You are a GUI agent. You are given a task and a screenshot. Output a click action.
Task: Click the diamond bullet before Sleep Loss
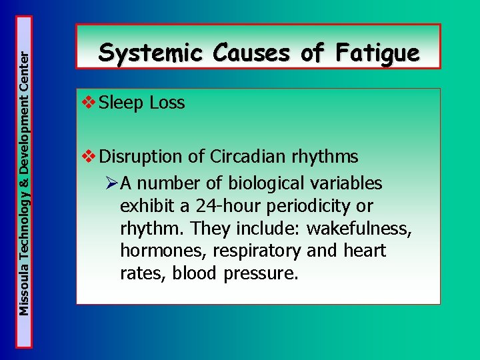[x=87, y=103]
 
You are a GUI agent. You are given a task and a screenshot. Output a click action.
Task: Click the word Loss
[x=167, y=103]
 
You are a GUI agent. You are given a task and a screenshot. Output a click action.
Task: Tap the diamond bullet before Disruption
[x=87, y=157]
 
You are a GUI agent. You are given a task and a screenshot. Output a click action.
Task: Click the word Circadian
[x=248, y=157]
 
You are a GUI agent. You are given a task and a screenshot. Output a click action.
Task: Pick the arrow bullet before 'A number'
[x=111, y=183]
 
